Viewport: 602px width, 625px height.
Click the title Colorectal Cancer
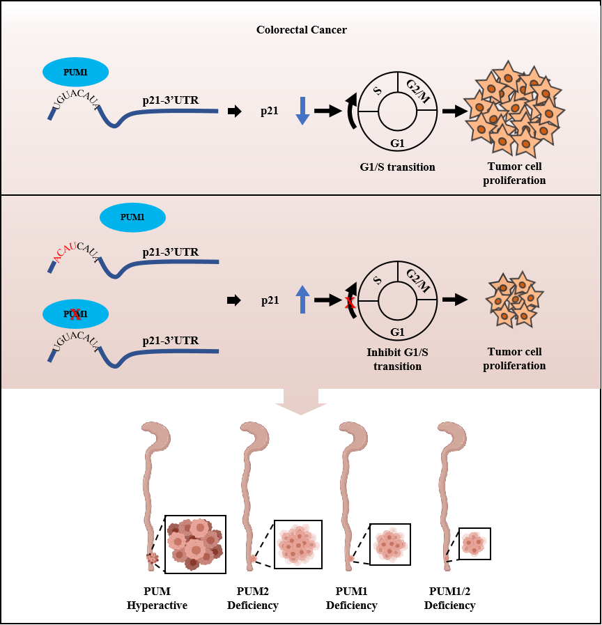(301, 29)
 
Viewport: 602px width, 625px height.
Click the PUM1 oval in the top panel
(75, 72)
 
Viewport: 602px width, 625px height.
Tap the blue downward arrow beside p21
(302, 111)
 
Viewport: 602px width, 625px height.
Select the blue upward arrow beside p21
(302, 300)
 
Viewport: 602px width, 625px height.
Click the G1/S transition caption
(397, 167)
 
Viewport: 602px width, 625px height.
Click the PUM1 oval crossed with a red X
(75, 314)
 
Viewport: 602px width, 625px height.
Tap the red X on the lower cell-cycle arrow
(350, 302)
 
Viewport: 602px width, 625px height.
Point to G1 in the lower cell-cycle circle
(398, 332)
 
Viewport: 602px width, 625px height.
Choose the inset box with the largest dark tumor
(195, 543)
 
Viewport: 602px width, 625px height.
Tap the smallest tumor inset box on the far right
(474, 543)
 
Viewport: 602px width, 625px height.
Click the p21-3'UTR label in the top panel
(171, 100)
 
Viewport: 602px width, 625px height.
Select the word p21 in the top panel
(270, 111)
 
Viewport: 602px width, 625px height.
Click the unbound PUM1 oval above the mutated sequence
(132, 217)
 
